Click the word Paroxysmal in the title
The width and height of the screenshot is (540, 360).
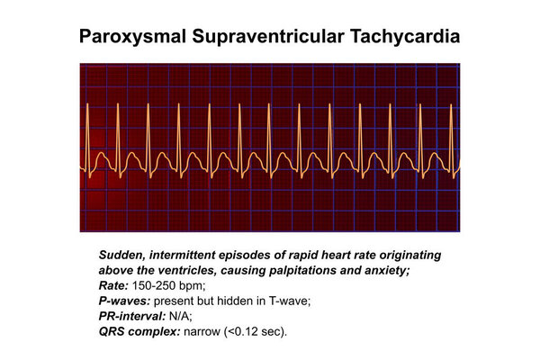pos(132,37)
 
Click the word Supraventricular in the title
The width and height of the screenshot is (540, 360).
pos(268,37)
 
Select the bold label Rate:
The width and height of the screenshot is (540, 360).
pos(113,285)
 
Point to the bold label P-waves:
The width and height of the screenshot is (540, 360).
pos(124,301)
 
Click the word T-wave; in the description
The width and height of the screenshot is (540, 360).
pos(290,301)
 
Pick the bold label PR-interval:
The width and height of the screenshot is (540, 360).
pos(132,316)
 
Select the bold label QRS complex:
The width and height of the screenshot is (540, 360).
pos(139,332)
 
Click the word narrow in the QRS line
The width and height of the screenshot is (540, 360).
pos(202,332)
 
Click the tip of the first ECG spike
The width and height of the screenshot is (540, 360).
pos(87,103)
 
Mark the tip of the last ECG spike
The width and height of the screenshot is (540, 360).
pos(451,104)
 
